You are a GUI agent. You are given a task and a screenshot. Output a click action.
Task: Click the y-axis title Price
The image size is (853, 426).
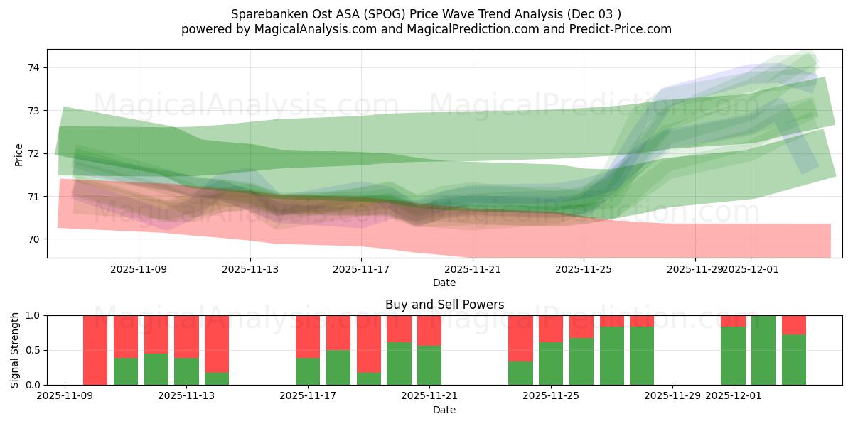pyautogui.click(x=18, y=155)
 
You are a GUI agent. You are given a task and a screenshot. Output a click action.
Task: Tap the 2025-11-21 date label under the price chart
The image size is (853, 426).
pyautogui.click(x=473, y=269)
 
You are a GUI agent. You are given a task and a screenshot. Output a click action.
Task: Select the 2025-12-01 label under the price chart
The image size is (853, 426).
pyautogui.click(x=751, y=269)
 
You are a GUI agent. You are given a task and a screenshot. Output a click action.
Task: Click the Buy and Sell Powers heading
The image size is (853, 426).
pyautogui.click(x=444, y=305)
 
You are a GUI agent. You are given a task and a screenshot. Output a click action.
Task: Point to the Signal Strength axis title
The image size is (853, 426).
pyautogui.click(x=15, y=349)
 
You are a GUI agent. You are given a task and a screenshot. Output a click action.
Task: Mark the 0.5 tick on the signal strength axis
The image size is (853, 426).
pyautogui.click(x=33, y=350)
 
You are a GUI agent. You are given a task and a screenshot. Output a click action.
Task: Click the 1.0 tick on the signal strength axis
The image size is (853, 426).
pyautogui.click(x=33, y=315)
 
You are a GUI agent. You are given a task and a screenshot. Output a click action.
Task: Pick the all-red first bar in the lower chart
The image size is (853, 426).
pyautogui.click(x=95, y=350)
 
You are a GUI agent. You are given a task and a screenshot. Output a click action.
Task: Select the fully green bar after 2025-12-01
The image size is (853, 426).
pyautogui.click(x=763, y=350)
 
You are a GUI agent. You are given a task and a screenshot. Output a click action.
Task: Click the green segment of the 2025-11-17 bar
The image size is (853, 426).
pyautogui.click(x=308, y=371)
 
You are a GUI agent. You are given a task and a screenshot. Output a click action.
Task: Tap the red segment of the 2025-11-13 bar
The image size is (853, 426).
pyautogui.click(x=186, y=337)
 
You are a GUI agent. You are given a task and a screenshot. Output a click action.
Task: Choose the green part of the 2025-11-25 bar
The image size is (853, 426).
pyautogui.click(x=551, y=364)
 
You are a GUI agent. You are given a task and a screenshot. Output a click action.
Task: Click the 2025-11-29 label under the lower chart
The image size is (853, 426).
pyautogui.click(x=672, y=396)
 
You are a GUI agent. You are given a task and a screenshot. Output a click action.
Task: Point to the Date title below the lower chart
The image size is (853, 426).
pyautogui.click(x=444, y=410)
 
